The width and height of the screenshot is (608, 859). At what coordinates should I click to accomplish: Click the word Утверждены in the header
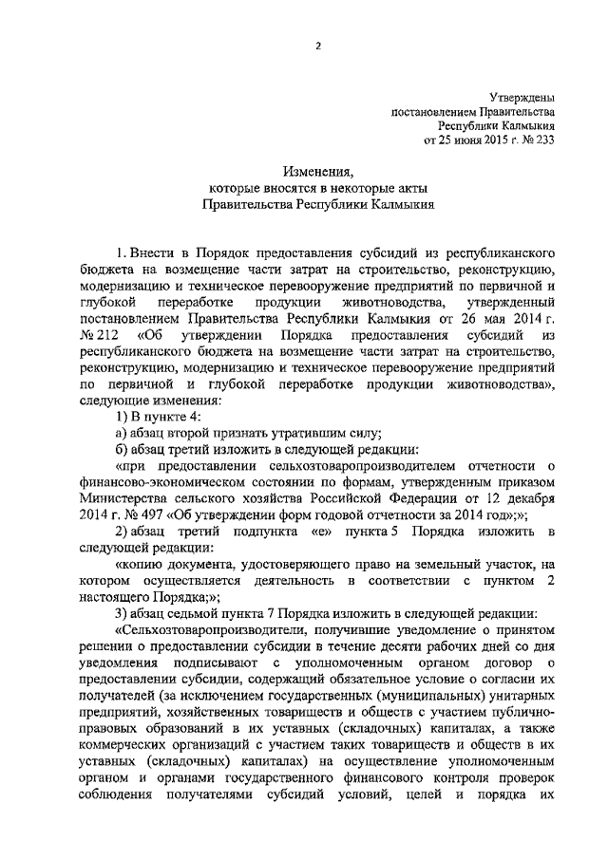click(x=523, y=97)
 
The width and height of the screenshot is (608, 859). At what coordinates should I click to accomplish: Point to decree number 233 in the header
click(x=544, y=139)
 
